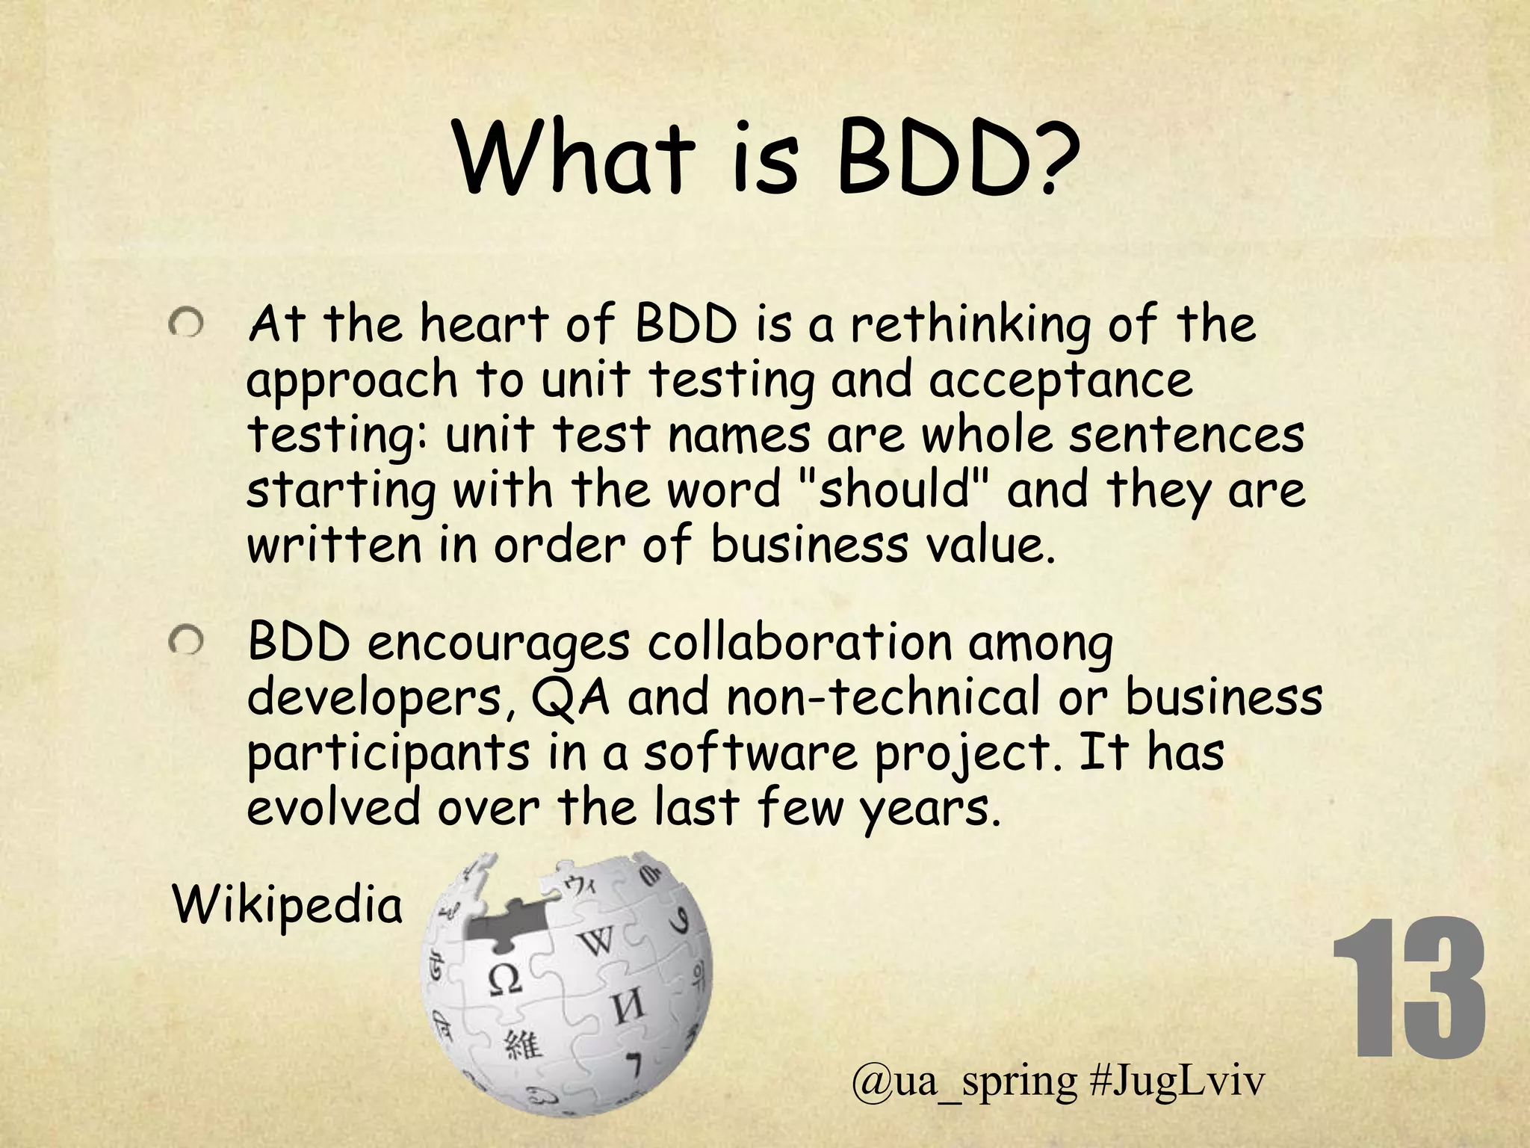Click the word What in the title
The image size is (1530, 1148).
tap(574, 158)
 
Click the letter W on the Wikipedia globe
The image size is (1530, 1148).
tap(598, 941)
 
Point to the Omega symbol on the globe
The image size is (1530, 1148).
tap(506, 978)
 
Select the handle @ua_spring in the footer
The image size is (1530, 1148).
tap(964, 1082)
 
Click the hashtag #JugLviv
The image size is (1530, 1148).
tap(1177, 1081)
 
